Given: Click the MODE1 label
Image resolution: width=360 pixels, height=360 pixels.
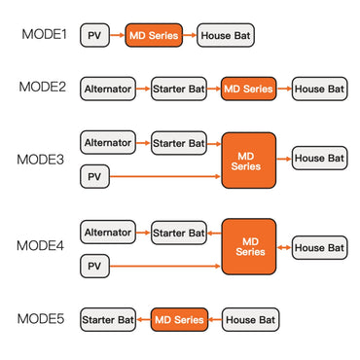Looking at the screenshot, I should pos(45,36).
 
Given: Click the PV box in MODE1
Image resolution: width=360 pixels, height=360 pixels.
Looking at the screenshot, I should pos(94,37).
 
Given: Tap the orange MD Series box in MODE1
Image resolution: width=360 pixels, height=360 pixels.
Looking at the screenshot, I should pos(153,37).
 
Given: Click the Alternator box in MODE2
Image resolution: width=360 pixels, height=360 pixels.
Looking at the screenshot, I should pos(108,89).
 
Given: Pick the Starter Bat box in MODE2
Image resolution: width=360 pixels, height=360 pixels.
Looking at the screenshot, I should pos(179,89).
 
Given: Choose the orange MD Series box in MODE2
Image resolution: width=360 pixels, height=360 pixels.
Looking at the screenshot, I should pos(249,89).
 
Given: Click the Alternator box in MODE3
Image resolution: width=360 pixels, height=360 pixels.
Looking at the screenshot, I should pos(108,143).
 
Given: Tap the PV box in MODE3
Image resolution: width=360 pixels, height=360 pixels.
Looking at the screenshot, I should pos(94,177).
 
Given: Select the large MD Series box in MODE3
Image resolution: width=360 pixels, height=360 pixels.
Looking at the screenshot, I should pos(249,161).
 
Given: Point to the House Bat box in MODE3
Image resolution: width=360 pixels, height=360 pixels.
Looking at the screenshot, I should pos(319,158).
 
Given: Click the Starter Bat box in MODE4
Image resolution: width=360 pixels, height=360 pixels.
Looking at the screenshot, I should pos(179,233).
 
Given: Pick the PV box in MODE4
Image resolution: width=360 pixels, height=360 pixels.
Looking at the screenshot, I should pos(94,266).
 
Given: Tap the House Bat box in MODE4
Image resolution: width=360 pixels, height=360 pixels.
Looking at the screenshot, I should pos(319,248).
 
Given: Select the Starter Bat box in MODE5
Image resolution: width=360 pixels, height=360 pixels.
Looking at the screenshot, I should pos(108,319).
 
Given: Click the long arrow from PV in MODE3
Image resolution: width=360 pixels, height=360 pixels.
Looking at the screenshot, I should pos(165,177).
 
